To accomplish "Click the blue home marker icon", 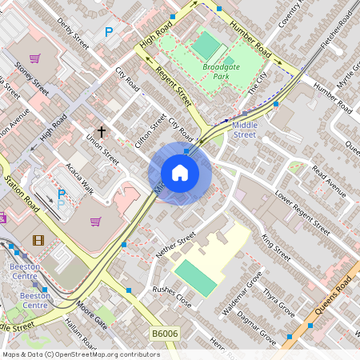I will coord(180,173).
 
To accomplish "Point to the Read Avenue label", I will coord(328,182).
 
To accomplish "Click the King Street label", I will coord(276,247).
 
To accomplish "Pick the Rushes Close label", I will coord(171,298).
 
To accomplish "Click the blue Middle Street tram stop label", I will coord(244,130).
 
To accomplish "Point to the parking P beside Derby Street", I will coord(109,32).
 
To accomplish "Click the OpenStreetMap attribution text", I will coord(80,354).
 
